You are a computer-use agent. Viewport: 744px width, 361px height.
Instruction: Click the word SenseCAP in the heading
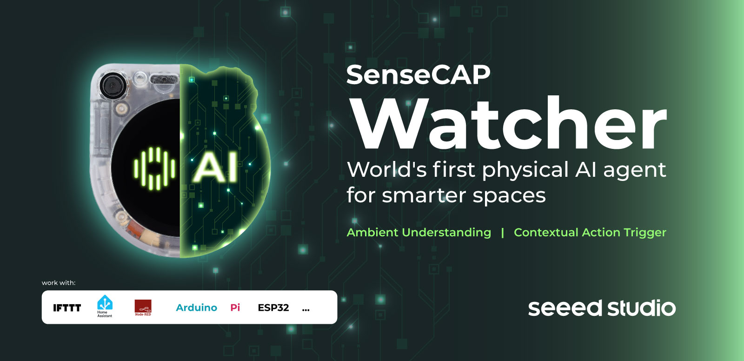click(x=418, y=75)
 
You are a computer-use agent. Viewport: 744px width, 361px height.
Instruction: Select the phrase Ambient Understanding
click(x=419, y=232)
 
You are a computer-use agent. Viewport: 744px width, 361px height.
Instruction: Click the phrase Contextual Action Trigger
click(x=590, y=232)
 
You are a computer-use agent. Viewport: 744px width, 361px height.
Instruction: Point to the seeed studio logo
click(x=602, y=308)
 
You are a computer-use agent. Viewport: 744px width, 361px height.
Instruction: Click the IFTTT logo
click(x=67, y=308)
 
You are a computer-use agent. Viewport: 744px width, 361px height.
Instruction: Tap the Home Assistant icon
click(x=105, y=306)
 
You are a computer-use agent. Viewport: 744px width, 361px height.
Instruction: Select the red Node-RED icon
click(x=143, y=308)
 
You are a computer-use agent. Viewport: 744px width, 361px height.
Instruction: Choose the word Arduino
click(x=197, y=308)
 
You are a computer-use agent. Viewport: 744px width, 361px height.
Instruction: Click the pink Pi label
click(x=235, y=308)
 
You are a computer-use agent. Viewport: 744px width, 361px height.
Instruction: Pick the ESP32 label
click(x=273, y=308)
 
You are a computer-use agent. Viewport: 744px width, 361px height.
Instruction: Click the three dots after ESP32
click(x=306, y=310)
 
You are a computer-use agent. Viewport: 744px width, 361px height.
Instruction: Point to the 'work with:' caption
click(x=59, y=283)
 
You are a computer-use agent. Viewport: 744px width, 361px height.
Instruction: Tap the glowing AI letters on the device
click(x=216, y=167)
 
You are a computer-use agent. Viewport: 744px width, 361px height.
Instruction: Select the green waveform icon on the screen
click(x=154, y=168)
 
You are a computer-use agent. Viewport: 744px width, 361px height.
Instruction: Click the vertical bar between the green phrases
click(x=503, y=232)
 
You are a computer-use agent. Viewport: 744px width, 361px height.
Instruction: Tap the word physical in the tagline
click(x=525, y=171)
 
